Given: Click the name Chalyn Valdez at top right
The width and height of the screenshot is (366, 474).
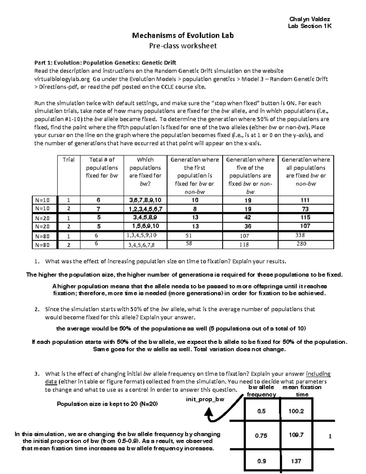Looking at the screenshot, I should [x=310, y=19].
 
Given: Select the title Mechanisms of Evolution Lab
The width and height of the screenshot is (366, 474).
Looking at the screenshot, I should [x=183, y=35].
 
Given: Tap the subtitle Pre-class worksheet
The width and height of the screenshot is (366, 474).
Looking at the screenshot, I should [x=183, y=46].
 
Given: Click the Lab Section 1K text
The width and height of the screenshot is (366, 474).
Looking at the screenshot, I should [x=310, y=26].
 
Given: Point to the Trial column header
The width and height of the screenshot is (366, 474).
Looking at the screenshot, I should [x=69, y=160].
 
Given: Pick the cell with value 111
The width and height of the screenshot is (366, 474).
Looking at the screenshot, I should [x=305, y=200].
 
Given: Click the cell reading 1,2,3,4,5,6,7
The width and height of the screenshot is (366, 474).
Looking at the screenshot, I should [x=145, y=209].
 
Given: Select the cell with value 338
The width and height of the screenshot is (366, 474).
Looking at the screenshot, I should [x=300, y=235].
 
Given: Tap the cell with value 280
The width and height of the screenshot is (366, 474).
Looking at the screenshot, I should [x=301, y=244].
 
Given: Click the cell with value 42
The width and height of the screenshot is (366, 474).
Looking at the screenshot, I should [x=248, y=218].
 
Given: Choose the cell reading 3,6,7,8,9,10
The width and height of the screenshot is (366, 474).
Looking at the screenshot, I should [x=145, y=200].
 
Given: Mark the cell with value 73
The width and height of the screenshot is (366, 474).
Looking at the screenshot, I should [x=305, y=209].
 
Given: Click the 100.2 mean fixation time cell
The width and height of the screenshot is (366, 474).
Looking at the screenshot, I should [x=296, y=411].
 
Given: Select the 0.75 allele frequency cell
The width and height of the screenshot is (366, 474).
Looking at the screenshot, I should [x=261, y=436].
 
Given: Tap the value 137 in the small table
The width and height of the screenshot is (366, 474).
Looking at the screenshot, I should [x=296, y=461].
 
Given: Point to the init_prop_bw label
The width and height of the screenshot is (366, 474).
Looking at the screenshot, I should [x=205, y=399].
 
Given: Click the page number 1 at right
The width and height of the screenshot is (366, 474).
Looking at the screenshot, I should [x=330, y=436].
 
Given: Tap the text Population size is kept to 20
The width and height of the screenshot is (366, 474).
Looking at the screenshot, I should [x=107, y=404].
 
